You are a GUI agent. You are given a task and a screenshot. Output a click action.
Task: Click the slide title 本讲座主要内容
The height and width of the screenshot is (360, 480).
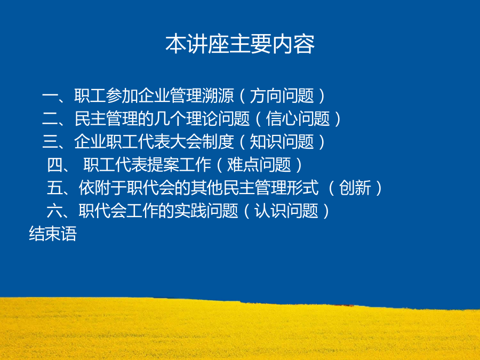click(240, 44)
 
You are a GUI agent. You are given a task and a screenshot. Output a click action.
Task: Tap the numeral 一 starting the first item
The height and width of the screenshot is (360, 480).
click(50, 95)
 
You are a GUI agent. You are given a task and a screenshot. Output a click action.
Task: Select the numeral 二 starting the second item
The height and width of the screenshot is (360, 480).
click(50, 119)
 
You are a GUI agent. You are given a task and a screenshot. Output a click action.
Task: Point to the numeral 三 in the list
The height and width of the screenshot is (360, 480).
click(50, 142)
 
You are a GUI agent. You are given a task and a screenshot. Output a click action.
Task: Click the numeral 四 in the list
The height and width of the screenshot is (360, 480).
click(54, 165)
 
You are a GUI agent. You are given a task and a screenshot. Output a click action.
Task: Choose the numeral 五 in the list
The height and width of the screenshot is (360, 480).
click(54, 188)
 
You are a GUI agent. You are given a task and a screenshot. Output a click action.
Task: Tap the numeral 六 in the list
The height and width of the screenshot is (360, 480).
click(54, 211)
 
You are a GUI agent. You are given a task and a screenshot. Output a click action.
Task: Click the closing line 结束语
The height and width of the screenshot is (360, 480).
click(53, 234)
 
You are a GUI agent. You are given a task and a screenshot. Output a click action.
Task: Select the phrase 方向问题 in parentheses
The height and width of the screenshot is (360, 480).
click(282, 96)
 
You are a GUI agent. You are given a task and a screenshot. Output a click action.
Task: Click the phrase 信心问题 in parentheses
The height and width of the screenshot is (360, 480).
click(298, 119)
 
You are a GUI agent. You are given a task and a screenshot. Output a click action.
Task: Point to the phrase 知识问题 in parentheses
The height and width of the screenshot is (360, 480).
click(282, 142)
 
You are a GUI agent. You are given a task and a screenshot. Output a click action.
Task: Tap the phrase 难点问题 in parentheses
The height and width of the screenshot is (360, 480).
click(259, 165)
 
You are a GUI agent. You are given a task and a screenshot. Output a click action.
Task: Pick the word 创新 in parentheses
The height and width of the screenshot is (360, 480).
click(355, 188)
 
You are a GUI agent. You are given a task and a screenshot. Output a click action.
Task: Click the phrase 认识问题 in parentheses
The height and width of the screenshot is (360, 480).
click(286, 211)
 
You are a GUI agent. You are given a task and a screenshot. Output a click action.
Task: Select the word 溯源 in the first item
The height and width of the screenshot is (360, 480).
click(218, 96)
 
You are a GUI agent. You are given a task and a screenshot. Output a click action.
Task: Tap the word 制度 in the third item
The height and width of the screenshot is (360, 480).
click(218, 142)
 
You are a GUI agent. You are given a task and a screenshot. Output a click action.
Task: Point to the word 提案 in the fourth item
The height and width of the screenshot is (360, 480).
click(163, 165)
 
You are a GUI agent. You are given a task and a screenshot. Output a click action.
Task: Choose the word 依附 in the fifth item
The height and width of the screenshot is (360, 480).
click(94, 188)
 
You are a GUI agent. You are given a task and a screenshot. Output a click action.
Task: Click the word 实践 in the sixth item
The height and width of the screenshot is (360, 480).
click(190, 211)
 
